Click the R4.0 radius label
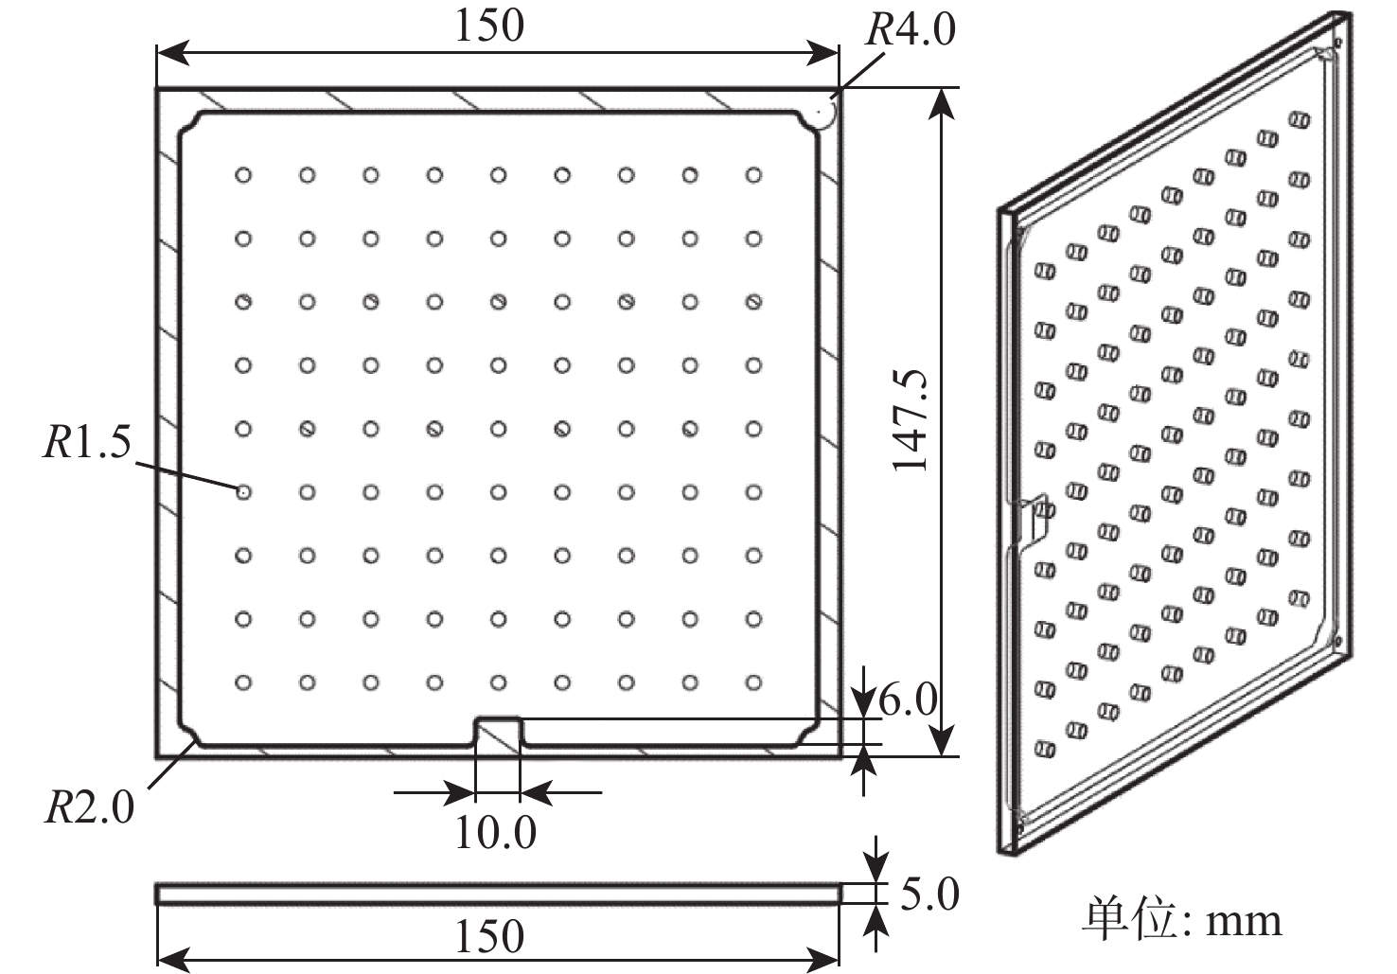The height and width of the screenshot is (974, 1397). point(910,29)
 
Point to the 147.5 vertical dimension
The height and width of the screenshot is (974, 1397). point(910,421)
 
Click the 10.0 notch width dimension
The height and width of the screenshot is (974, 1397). point(496,832)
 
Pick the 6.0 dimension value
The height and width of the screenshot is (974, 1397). point(908,699)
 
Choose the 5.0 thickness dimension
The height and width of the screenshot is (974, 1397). point(929,894)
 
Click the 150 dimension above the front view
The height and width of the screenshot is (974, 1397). point(489,26)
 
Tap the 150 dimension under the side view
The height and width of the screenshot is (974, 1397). point(489,936)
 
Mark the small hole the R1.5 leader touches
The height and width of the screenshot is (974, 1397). point(243,492)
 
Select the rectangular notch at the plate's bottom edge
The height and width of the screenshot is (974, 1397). point(498,732)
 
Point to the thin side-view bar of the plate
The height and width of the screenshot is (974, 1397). point(498,894)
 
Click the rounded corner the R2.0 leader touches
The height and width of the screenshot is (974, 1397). point(189,736)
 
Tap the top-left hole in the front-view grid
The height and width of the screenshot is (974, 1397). point(243,175)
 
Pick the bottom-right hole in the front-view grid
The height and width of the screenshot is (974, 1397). point(754,682)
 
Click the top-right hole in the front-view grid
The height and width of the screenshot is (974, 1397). point(754,175)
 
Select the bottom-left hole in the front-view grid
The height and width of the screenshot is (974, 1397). point(243,682)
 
